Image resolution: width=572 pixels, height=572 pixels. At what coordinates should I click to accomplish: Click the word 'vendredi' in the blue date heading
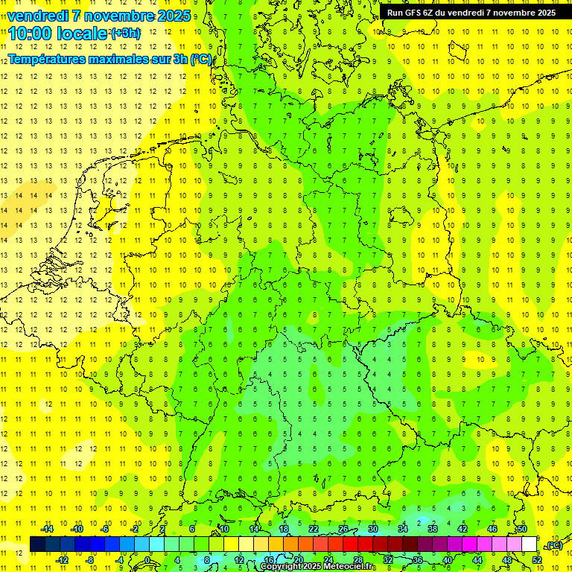[x=38, y=16]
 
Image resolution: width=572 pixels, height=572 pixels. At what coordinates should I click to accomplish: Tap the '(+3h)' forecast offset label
[x=124, y=33]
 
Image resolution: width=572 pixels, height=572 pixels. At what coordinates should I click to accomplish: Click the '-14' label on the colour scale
[x=48, y=529]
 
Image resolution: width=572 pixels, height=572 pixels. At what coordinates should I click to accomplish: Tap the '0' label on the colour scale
[x=147, y=559]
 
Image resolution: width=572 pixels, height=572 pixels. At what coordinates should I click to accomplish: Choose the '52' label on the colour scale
[x=537, y=559]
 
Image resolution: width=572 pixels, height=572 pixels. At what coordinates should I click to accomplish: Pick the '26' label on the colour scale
[x=343, y=529]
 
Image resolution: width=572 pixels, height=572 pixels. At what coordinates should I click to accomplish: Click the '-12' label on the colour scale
[x=62, y=559]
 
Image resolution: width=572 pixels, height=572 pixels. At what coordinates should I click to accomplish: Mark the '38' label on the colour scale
[x=432, y=529]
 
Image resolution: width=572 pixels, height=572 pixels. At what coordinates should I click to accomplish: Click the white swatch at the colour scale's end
[x=529, y=544]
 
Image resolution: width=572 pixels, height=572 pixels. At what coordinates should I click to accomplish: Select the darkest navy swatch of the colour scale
[x=37, y=544]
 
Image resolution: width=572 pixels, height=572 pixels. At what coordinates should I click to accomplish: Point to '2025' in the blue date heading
[x=173, y=16]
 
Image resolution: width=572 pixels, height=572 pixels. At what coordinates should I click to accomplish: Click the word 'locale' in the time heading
[x=83, y=33]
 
